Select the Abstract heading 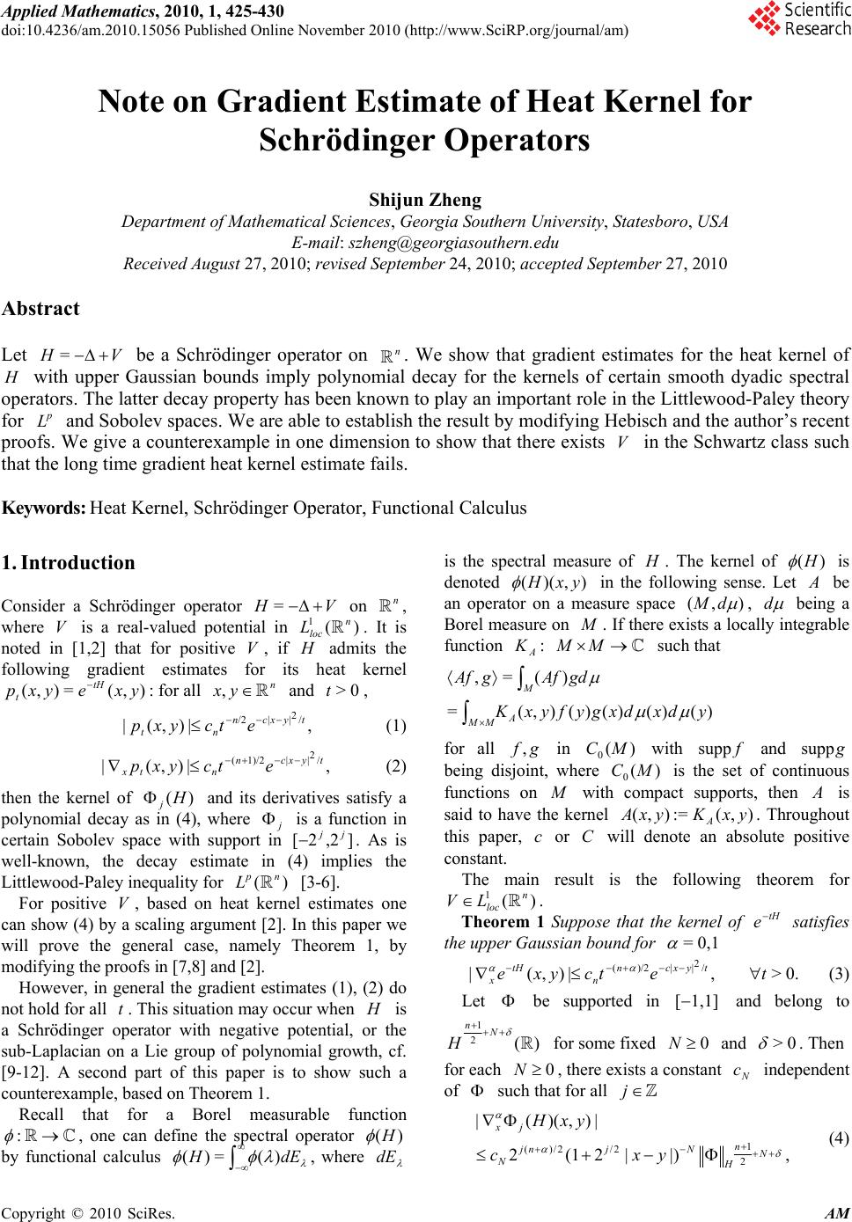click(41, 308)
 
